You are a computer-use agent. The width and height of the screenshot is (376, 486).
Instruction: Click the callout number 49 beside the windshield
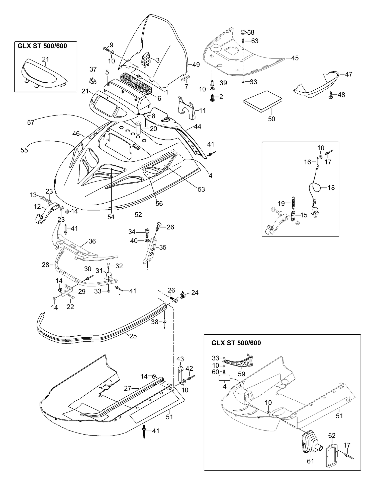[196, 65]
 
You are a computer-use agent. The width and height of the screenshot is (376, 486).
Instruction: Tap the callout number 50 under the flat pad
[271, 119]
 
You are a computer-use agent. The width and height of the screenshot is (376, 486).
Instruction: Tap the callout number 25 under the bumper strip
[133, 336]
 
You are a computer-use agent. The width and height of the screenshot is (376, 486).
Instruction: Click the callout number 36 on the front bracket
[92, 241]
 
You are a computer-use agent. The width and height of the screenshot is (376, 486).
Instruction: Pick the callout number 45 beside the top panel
[295, 58]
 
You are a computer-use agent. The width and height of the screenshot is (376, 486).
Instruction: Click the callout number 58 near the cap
[251, 32]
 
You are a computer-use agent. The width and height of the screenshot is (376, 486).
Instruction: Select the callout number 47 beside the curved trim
[348, 74]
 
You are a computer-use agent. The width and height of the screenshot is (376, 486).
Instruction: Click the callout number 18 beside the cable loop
[331, 188]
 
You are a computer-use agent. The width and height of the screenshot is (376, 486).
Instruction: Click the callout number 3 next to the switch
[158, 60]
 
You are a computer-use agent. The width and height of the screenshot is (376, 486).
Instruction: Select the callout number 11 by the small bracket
[202, 110]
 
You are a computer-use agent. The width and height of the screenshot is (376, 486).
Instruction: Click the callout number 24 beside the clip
[195, 293]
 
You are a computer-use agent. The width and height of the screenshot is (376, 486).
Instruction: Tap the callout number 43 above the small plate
[180, 359]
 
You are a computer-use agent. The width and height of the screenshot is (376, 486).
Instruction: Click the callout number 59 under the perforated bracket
[241, 374]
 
